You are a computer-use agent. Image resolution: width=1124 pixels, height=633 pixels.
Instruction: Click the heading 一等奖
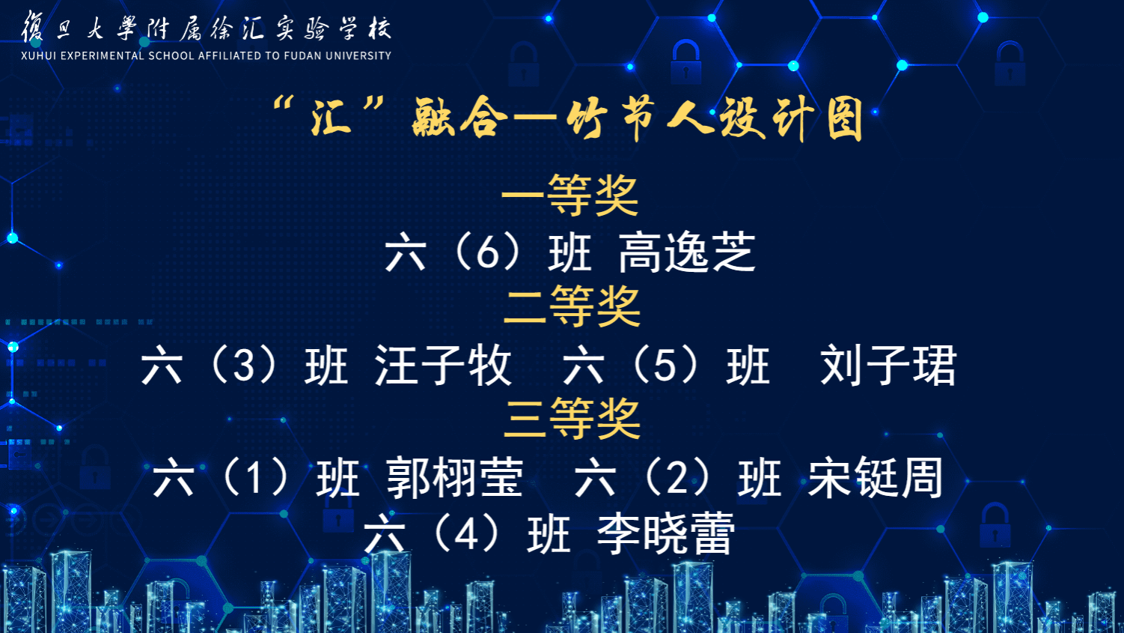[x=570, y=196]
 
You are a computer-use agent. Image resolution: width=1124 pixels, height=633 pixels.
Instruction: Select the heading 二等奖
[x=572, y=306]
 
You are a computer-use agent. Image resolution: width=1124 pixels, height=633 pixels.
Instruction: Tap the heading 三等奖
[x=572, y=419]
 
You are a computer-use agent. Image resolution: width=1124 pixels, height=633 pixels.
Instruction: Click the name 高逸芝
[x=687, y=252]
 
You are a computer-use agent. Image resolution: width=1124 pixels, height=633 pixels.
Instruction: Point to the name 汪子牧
[x=443, y=366]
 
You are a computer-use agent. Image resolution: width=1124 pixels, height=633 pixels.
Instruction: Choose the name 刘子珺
[x=888, y=366]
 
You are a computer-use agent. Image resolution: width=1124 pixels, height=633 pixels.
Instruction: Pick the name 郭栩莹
[x=455, y=478]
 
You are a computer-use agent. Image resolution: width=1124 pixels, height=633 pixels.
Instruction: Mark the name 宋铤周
[x=876, y=478]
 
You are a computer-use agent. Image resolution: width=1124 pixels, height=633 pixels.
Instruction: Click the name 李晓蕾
[x=665, y=533]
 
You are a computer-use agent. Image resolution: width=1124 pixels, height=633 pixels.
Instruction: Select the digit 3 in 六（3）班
[x=244, y=366]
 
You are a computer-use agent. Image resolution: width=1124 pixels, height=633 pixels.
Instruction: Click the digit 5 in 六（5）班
[x=665, y=366]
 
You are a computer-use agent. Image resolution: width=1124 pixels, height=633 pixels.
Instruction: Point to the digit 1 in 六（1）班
[x=255, y=478]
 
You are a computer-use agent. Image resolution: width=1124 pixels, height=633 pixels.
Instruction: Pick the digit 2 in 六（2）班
[x=677, y=478]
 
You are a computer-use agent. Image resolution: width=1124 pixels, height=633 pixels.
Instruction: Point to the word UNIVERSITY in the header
[x=358, y=55]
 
